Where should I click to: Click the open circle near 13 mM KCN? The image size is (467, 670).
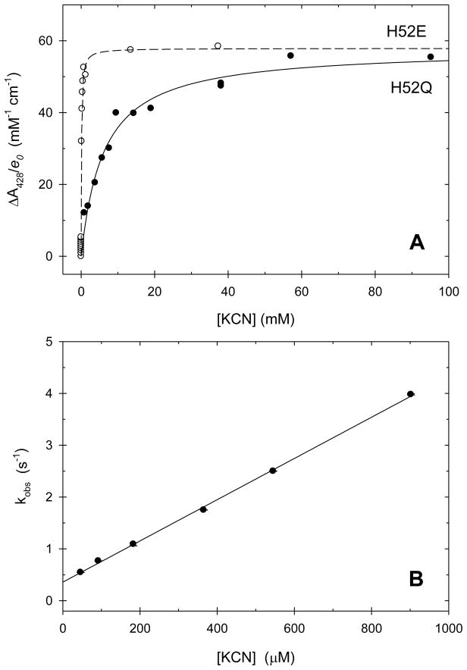point(130,49)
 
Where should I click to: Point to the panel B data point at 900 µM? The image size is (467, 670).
point(410,394)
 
